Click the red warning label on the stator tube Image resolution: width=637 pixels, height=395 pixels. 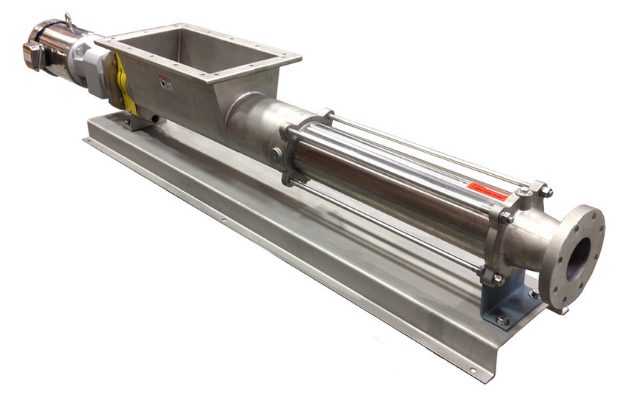pos(488,190)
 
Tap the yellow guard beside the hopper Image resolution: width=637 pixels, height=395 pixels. pos(125,85)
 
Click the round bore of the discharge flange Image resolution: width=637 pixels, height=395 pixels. pos(579,259)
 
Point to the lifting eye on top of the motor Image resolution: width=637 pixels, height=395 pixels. pos(67,18)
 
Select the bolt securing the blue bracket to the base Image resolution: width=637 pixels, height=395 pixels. pos(501,320)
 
